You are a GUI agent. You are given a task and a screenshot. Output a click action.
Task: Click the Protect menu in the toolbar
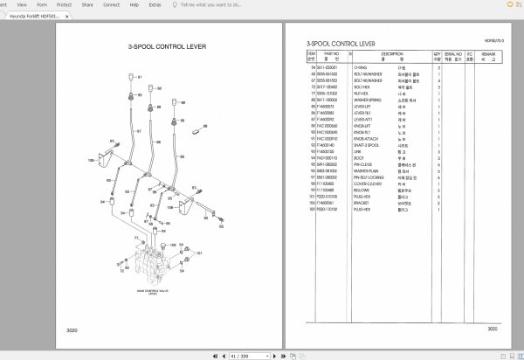(63, 4)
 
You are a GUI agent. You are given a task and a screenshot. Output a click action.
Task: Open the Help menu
(133, 4)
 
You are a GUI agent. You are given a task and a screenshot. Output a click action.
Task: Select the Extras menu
(155, 4)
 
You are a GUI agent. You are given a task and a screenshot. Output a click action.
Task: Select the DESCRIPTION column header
(391, 55)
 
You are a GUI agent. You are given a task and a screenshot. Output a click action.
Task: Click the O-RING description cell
(360, 66)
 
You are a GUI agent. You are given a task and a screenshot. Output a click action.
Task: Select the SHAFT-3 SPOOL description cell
(369, 146)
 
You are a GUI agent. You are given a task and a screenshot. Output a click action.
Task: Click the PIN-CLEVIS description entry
(364, 163)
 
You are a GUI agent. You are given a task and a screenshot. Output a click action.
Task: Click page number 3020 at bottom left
(72, 329)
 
